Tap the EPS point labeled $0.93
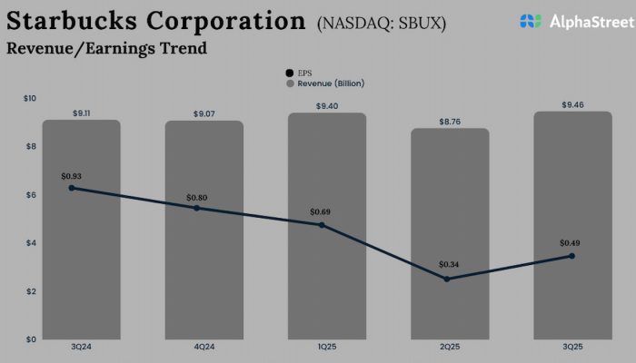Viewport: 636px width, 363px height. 71,188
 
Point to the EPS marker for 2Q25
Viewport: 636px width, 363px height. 446,279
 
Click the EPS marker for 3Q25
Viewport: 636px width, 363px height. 571,256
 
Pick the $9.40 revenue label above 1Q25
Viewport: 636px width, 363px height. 326,105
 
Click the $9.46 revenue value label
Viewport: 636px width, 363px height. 572,104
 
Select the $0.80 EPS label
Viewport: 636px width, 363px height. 197,197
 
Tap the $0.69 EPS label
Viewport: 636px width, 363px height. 321,211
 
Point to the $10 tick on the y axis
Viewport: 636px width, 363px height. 30,98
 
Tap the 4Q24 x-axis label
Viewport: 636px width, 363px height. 204,348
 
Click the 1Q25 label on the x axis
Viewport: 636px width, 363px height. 326,348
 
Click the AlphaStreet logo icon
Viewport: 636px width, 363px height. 532,20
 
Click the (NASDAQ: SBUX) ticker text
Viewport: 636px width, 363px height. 382,23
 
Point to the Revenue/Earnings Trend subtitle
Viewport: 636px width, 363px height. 106,48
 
